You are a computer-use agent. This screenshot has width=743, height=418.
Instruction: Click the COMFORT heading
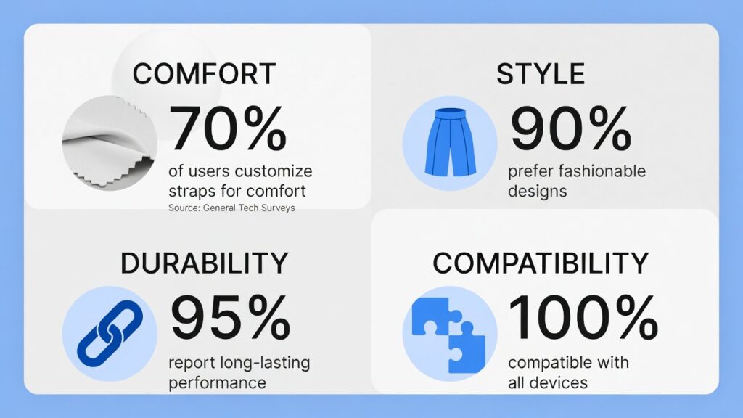pyautogui.click(x=204, y=74)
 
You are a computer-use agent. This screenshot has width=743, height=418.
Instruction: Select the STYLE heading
pyautogui.click(x=540, y=74)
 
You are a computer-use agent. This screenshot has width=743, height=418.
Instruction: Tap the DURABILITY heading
pyautogui.click(x=204, y=263)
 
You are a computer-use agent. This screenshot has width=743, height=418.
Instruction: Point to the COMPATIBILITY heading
pyautogui.click(x=540, y=263)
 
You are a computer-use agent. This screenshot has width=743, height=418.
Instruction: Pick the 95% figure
pyautogui.click(x=230, y=317)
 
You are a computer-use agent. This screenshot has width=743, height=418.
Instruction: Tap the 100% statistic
pyautogui.click(x=583, y=317)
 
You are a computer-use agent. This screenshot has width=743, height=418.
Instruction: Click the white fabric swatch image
pyautogui.click(x=110, y=143)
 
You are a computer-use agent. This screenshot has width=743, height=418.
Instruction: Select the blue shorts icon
pyautogui.click(x=450, y=143)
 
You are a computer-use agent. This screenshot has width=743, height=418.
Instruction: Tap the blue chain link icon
pyautogui.click(x=110, y=334)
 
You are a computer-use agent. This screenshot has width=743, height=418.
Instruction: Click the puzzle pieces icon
pyautogui.click(x=448, y=335)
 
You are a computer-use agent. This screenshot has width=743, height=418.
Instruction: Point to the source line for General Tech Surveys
pyautogui.click(x=231, y=208)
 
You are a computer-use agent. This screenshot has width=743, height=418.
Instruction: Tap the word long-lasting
pyautogui.click(x=265, y=363)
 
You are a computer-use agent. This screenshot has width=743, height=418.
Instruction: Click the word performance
pyautogui.click(x=218, y=383)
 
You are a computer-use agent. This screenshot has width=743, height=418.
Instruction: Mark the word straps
pyautogui.click(x=192, y=191)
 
